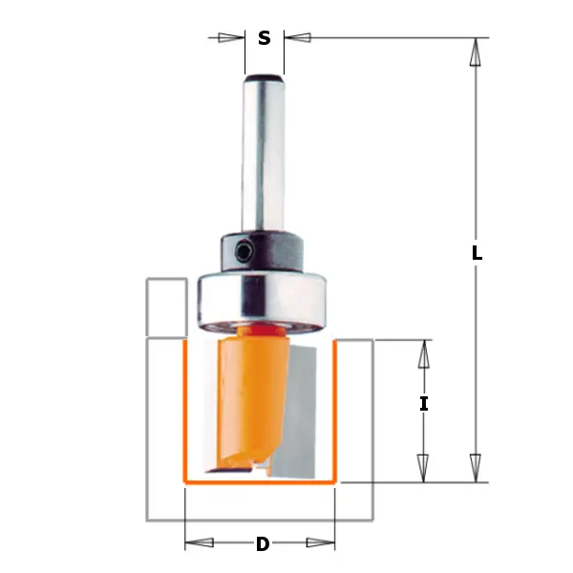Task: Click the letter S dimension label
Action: click(265, 38)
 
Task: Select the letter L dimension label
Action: click(477, 254)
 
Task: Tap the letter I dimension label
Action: click(424, 404)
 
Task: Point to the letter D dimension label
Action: click(262, 545)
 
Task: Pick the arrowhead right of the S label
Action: click(297, 38)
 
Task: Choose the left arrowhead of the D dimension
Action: click(200, 544)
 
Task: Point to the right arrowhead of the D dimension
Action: click(322, 544)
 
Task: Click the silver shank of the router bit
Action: click(264, 153)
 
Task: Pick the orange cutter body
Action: click(244, 392)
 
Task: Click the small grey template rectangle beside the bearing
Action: click(165, 308)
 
